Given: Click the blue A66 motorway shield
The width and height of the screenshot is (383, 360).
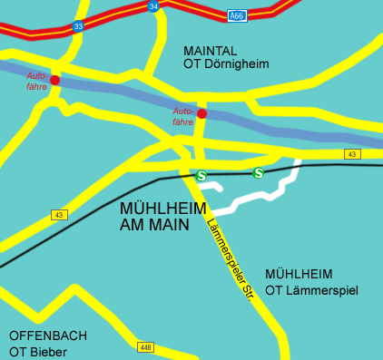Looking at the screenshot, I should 237,15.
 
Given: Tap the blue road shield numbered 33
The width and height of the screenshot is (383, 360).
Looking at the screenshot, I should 78,26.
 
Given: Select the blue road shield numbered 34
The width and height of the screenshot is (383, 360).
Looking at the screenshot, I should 153,6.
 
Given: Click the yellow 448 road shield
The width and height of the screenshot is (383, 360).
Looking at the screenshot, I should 145,347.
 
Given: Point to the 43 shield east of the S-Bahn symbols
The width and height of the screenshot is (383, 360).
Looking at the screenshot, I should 352,154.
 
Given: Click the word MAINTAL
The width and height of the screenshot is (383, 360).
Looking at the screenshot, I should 210,49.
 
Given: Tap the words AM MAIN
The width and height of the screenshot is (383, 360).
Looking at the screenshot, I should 154,225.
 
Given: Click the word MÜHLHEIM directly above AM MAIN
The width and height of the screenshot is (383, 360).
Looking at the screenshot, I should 161,208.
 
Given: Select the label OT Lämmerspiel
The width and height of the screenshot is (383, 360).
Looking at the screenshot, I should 312,290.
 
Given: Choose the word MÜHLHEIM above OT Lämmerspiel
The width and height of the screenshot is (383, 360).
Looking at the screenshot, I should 299,274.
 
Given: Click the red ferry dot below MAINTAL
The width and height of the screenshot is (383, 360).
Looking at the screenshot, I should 202,113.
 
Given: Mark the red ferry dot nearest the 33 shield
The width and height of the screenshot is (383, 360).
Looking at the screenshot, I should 55,80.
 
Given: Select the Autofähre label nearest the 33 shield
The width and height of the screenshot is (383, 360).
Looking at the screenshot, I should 37,80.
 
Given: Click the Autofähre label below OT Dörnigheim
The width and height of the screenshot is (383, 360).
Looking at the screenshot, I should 183,115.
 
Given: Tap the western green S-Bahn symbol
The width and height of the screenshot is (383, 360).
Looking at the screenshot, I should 201,175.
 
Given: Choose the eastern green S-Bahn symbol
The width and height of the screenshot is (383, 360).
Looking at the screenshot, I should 259,172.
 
